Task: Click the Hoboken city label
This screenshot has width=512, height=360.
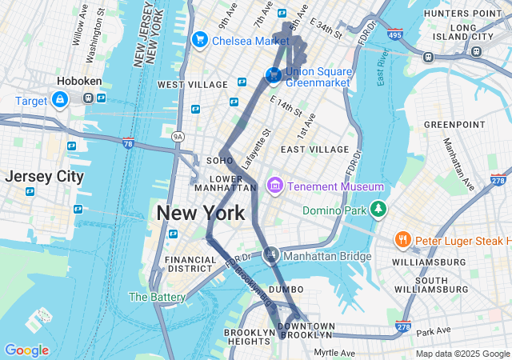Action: click(78, 82)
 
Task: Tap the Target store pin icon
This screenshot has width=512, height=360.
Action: click(59, 99)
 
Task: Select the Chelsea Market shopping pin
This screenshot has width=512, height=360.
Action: click(199, 39)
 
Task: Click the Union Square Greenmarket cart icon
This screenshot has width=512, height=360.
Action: click(274, 75)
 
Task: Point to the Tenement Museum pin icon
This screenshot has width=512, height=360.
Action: click(275, 186)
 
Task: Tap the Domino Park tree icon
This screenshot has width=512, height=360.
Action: click(378, 210)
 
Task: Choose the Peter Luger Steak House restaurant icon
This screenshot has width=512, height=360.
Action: click(403, 239)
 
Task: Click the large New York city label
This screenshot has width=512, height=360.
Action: click(200, 213)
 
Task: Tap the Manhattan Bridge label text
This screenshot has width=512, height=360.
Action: click(328, 256)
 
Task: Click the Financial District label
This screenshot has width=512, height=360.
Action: click(190, 265)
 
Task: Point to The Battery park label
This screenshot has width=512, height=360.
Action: click(157, 297)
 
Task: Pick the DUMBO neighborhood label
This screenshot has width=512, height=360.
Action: click(286, 289)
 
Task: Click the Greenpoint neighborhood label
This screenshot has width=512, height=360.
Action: click(454, 125)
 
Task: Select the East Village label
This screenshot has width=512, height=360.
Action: click(314, 150)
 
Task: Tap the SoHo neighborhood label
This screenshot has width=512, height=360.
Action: click(219, 161)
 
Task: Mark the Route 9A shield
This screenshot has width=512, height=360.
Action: click(178, 137)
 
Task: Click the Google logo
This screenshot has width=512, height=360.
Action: click(26, 350)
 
